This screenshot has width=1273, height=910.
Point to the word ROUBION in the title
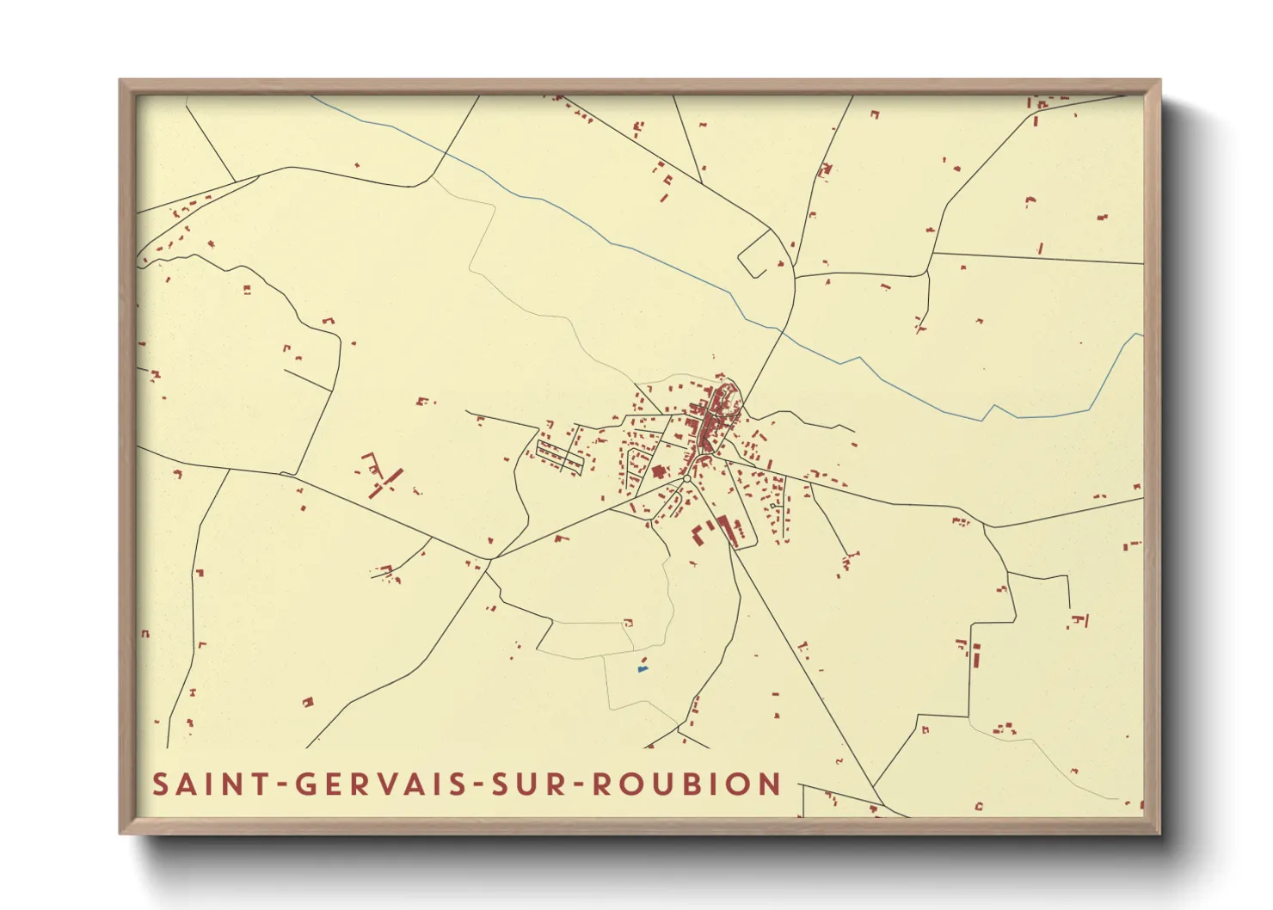(687, 784)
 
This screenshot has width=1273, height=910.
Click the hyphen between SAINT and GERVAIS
(280, 785)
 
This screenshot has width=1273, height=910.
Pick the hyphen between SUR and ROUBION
(578, 785)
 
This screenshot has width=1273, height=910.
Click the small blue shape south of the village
(642, 668)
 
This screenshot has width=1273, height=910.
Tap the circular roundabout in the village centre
(686, 479)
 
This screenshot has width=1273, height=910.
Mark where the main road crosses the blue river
(781, 329)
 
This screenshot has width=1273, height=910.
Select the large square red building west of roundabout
(660, 471)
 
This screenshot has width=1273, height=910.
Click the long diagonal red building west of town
(386, 483)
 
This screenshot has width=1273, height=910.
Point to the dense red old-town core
(712, 417)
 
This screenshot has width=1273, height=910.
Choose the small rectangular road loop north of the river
(753, 254)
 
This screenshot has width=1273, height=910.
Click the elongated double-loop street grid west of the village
(560, 456)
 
